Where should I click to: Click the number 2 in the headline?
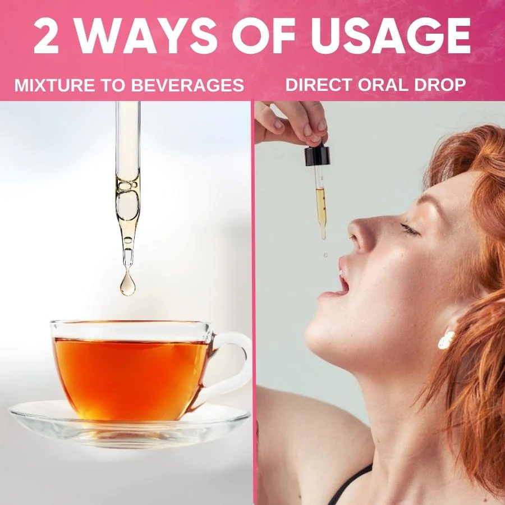click(x=51, y=36)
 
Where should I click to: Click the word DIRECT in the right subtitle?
click(x=319, y=85)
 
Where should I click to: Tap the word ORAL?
click(x=391, y=85)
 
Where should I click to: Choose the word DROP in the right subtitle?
click(x=444, y=85)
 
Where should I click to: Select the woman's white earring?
click(x=447, y=338)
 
